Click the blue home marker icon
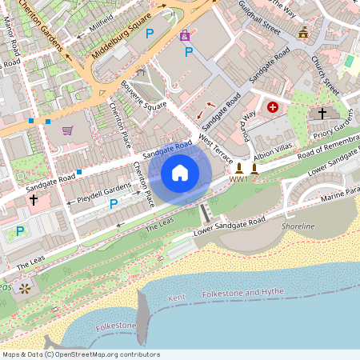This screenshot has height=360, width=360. coord(180,173)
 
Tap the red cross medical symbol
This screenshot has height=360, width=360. coord(274,106)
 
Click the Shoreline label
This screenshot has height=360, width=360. coord(298,226)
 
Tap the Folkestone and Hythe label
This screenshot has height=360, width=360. coord(243,293)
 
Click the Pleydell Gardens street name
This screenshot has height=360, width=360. coord(103,189)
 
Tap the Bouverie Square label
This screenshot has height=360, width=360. coord(143,95)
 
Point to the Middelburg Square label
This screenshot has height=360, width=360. coord(122,38)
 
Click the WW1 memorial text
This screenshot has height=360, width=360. coord(238,179)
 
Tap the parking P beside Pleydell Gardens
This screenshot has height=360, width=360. coord(113,204)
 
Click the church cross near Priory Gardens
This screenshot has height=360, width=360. coord(322,114)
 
